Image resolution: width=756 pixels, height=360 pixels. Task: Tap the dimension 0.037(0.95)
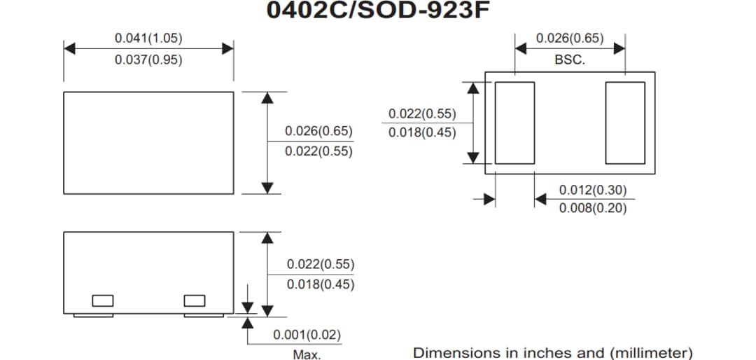point(148,60)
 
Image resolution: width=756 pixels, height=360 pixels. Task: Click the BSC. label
point(570,60)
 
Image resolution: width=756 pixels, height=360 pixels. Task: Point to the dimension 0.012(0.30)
point(593,190)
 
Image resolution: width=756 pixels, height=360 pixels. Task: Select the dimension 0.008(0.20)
point(593,209)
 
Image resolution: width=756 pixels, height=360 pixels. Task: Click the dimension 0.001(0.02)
point(307,335)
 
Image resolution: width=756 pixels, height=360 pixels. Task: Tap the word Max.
point(307,354)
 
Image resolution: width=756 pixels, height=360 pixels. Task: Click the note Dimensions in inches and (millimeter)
point(553,352)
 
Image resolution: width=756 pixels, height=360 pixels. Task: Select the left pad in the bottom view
point(514,123)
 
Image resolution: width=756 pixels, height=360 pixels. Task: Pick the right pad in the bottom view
point(625,123)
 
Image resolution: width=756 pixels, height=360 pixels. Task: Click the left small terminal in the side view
point(103,300)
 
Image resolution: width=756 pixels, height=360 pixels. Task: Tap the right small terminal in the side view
point(195,300)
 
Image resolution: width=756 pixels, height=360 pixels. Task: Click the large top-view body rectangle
point(148,142)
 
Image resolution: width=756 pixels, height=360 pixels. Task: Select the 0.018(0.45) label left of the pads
point(422,133)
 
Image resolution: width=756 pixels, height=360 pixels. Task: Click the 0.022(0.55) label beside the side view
point(321,265)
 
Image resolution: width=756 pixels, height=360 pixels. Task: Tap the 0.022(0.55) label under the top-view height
point(318,151)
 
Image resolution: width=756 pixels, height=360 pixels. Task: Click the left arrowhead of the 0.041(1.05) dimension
point(69,48)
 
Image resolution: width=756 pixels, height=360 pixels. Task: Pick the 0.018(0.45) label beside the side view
point(321,284)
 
